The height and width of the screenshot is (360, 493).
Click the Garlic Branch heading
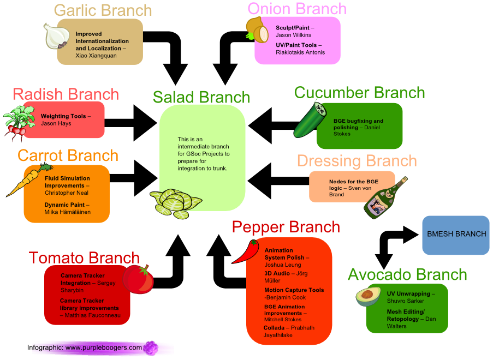point(103,10)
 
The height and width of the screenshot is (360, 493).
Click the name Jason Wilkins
point(293,35)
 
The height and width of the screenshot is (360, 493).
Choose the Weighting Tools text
point(63,116)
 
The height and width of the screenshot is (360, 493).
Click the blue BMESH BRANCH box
point(456,235)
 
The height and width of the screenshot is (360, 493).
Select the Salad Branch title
point(201,97)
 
